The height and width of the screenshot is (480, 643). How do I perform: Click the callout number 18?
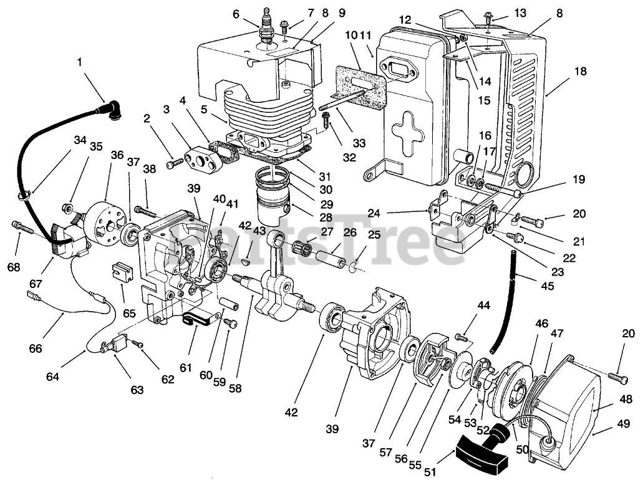click(581, 71)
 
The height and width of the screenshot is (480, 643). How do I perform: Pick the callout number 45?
click(548, 286)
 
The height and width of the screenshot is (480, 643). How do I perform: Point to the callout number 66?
click(36, 348)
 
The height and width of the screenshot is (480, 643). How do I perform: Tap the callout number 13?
click(520, 13)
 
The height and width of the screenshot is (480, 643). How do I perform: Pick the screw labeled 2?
click(175, 163)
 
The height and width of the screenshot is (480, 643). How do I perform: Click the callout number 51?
click(430, 473)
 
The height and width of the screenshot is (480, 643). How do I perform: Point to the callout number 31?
click(325, 176)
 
